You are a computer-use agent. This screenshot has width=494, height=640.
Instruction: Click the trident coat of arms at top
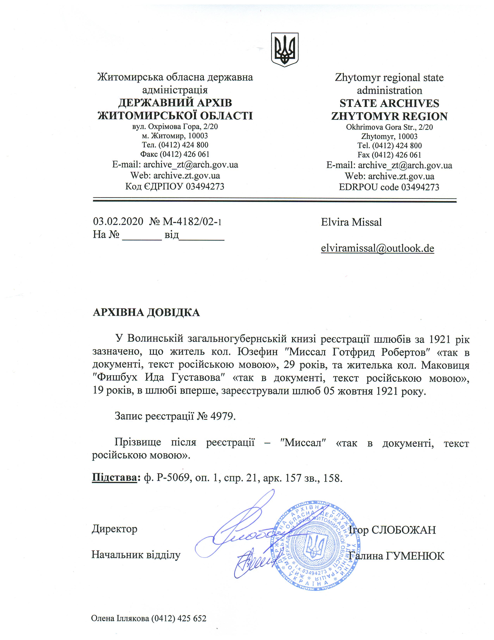(284, 49)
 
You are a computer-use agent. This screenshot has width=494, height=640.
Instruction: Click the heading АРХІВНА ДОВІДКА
(146, 313)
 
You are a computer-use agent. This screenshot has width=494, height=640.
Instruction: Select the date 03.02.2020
(118, 221)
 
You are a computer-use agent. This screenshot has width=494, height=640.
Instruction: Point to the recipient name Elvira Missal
(351, 222)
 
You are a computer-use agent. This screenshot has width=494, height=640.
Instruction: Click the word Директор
(114, 529)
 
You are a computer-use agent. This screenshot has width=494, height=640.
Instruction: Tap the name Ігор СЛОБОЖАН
(392, 530)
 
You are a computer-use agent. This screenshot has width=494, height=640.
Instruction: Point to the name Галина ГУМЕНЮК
(397, 556)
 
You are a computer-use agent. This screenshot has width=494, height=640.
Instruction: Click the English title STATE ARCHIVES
(389, 103)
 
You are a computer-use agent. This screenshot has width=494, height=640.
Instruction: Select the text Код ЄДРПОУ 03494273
(175, 186)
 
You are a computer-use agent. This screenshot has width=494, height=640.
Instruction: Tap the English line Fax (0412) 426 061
(389, 155)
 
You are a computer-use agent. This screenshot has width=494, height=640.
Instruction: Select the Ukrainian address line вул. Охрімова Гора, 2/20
(175, 127)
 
